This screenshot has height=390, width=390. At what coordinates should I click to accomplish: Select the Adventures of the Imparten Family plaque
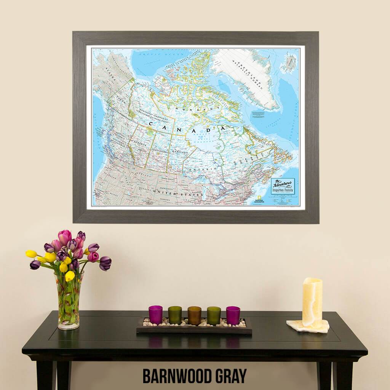283,186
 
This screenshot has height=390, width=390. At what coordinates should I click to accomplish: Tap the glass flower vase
69,300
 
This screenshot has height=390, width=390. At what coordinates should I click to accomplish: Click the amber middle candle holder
194,315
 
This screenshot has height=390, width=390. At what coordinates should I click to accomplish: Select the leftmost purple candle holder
155,315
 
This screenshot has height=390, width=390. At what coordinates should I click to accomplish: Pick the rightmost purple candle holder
233,315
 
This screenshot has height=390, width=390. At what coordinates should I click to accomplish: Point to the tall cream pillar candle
312,303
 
